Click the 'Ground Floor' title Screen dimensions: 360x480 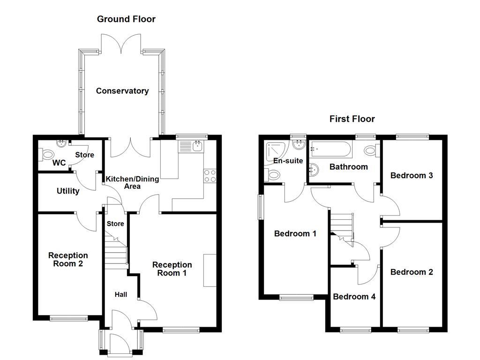coord(126,19)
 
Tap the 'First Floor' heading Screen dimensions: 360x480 coord(352,119)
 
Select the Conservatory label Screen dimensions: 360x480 coord(122,91)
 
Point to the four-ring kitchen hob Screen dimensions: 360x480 coord(210,175)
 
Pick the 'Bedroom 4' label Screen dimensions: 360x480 coord(354,297)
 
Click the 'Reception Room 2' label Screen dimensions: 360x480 coord(68,259)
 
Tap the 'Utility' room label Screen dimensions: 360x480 coord(68,191)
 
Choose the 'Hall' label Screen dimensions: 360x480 coord(120,294)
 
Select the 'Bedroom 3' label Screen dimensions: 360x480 coord(411,175)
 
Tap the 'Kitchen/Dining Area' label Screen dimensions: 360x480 coord(132,182)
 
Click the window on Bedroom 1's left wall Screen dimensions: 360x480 coord(262,207)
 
